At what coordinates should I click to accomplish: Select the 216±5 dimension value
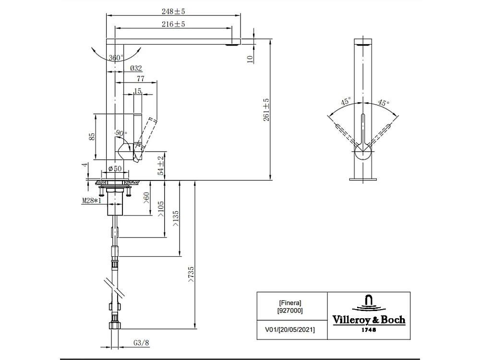pyautogui.click(x=174, y=24)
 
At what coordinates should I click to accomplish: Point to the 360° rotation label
pyautogui.click(x=116, y=58)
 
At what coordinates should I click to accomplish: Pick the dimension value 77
pyautogui.click(x=141, y=78)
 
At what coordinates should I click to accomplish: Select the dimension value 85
pyautogui.click(x=92, y=136)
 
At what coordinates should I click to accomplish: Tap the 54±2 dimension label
pyautogui.click(x=162, y=164)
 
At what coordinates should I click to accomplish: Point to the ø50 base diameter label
pyautogui.click(x=115, y=168)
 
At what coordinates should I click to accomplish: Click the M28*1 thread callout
pyautogui.click(x=91, y=201)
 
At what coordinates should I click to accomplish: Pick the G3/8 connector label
pyautogui.click(x=140, y=343)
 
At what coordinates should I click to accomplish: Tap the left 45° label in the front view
pyautogui.click(x=346, y=101)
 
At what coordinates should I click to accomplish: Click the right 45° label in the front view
pyautogui.click(x=383, y=103)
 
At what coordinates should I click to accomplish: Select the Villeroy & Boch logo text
pyautogui.click(x=369, y=320)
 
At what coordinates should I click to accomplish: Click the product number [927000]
pyautogui.click(x=290, y=311)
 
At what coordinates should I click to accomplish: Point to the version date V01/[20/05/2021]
pyautogui.click(x=290, y=330)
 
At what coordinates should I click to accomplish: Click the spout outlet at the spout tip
pyautogui.click(x=232, y=46)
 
